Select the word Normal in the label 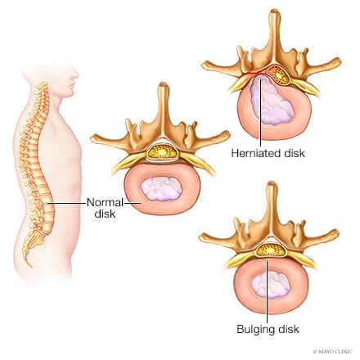coord(105,203)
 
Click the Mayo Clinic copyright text coord(332,352)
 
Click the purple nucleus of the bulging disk coord(271,286)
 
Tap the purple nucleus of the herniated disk coord(272,101)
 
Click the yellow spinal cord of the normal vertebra coord(162,152)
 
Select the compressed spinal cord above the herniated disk coord(278,74)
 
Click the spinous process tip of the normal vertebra coord(164,84)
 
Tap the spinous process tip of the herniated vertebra coord(275,11)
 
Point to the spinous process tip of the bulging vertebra coord(272,183)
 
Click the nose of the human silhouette coord(76,74)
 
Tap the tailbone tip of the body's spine coord(30,266)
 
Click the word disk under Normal coord(105,214)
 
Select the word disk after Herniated coord(295,153)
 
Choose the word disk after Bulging coord(288,329)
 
